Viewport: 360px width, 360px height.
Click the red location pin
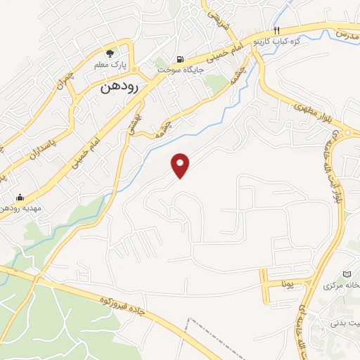click(181, 165)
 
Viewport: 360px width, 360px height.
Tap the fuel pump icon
click(181, 59)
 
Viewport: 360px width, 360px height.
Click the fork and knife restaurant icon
click(276, 31)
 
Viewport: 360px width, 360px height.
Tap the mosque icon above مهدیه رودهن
click(18, 197)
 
